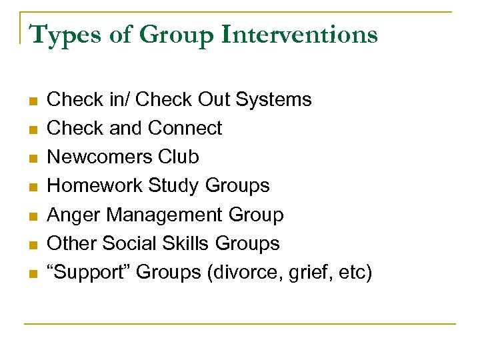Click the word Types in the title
point(62,35)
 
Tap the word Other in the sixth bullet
point(73,243)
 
